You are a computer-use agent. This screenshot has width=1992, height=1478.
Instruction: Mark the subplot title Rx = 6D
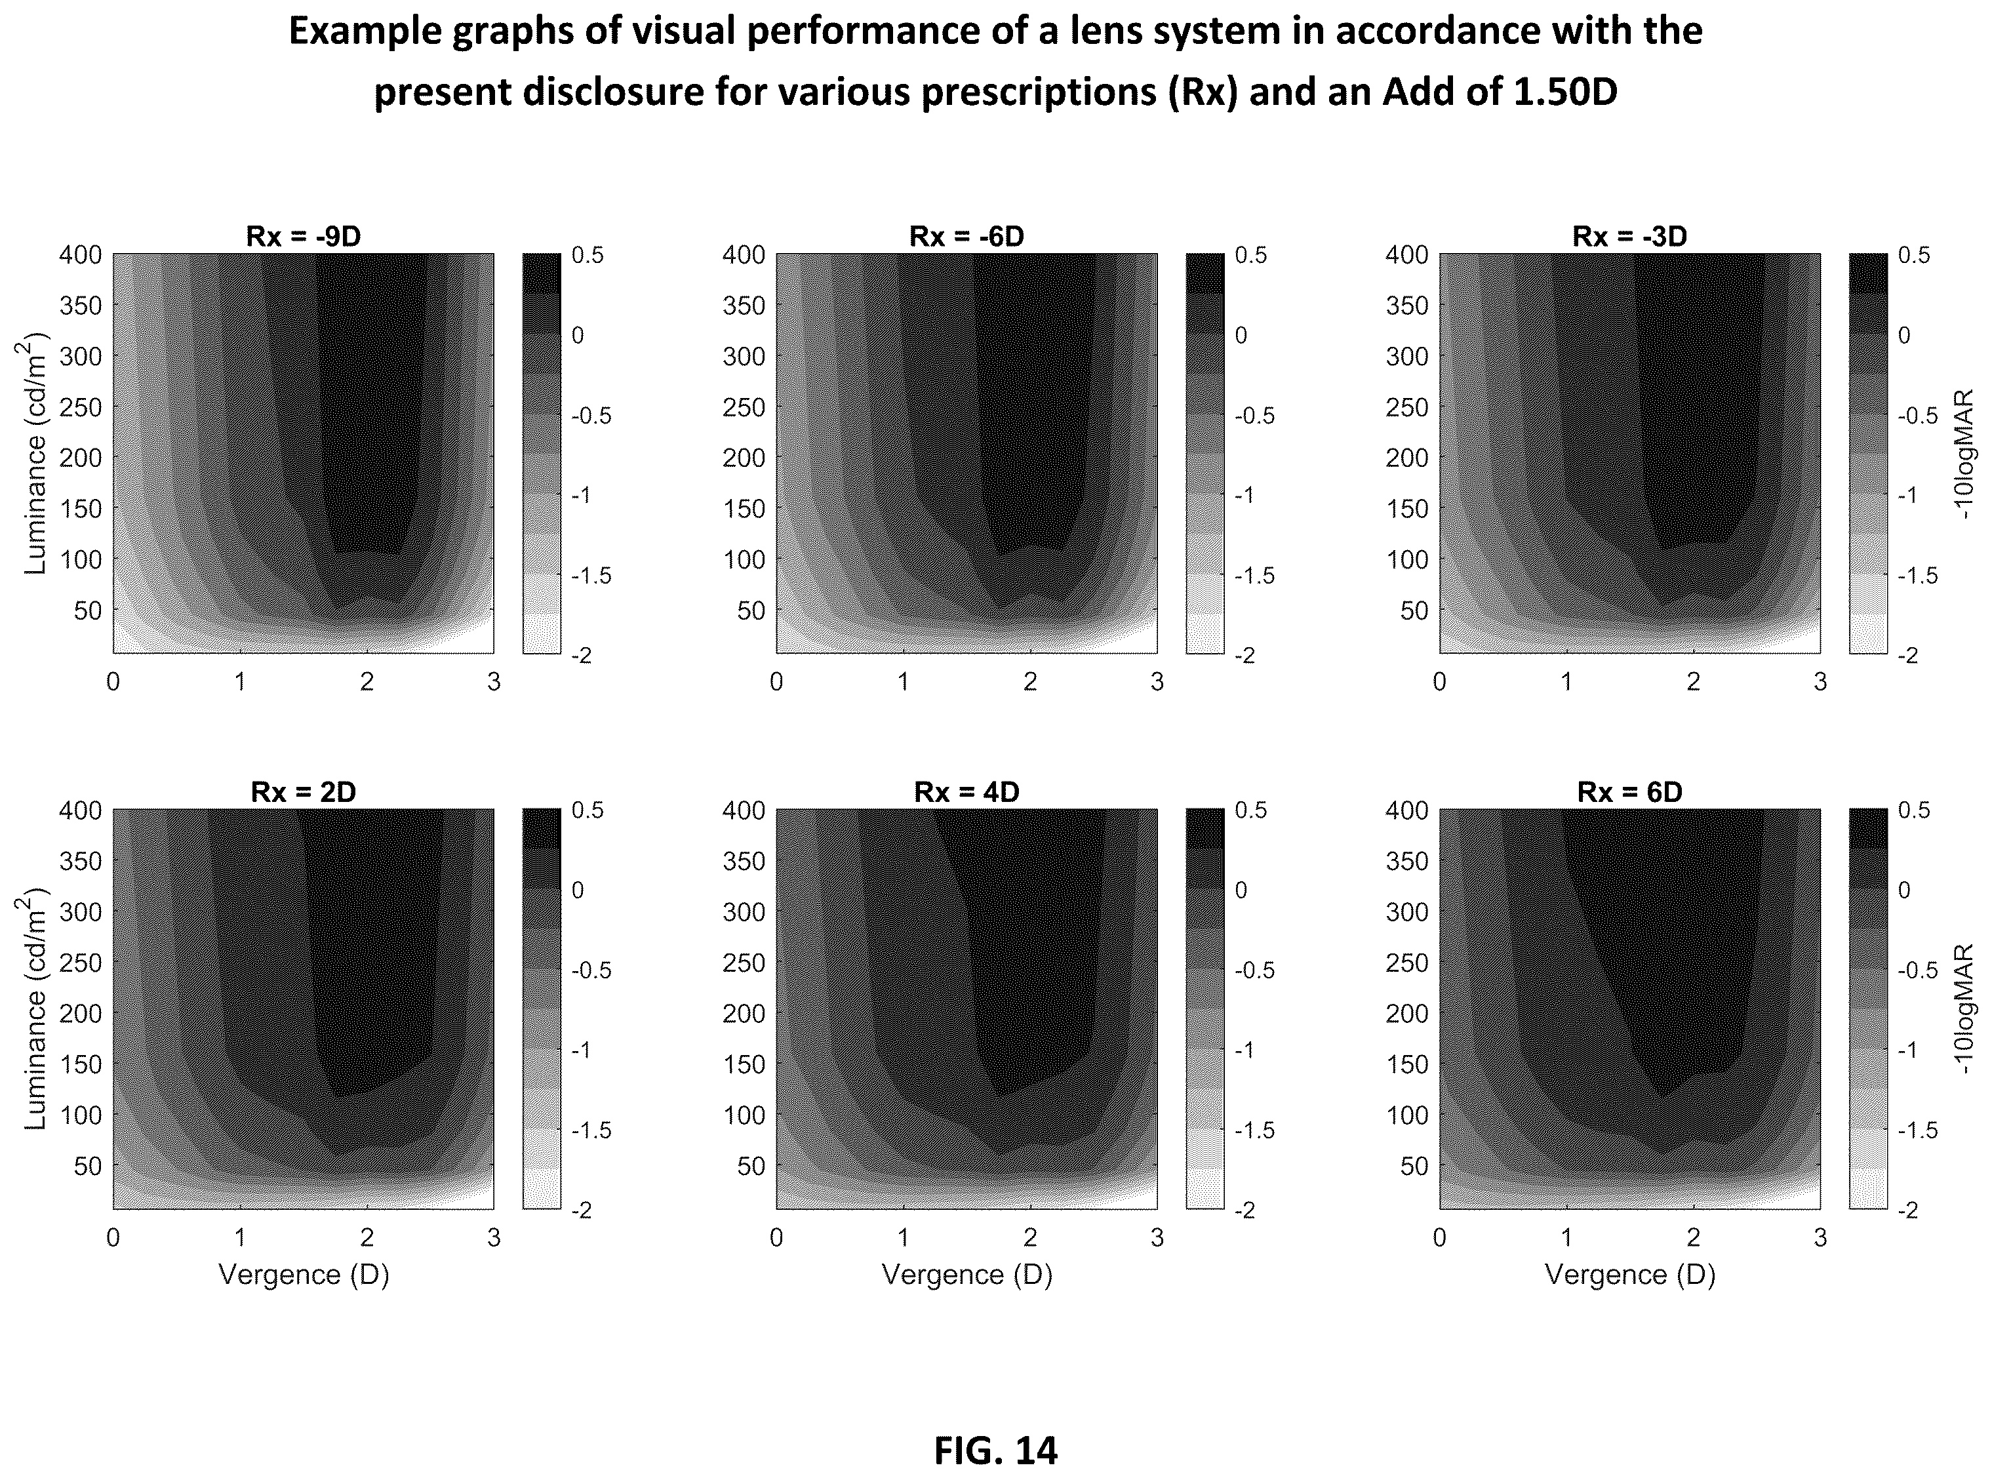(x=1630, y=792)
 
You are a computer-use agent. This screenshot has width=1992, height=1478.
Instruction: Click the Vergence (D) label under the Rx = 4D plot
(x=967, y=1274)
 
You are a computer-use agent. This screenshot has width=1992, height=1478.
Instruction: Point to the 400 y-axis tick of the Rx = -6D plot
(x=744, y=255)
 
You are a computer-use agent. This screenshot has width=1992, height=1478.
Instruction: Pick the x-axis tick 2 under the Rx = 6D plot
(x=1693, y=1237)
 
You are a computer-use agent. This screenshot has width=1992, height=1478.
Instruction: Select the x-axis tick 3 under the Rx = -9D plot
(x=494, y=683)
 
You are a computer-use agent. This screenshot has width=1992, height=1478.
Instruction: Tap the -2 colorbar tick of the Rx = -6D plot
(x=1245, y=656)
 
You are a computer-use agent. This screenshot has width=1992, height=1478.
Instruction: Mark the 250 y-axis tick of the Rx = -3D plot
(x=1407, y=407)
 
